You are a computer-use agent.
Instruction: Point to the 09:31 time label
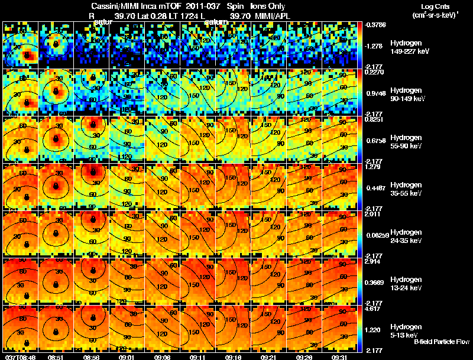339,357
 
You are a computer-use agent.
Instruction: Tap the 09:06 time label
162,357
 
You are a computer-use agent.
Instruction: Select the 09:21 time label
269,357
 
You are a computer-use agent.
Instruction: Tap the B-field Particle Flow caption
441,342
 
